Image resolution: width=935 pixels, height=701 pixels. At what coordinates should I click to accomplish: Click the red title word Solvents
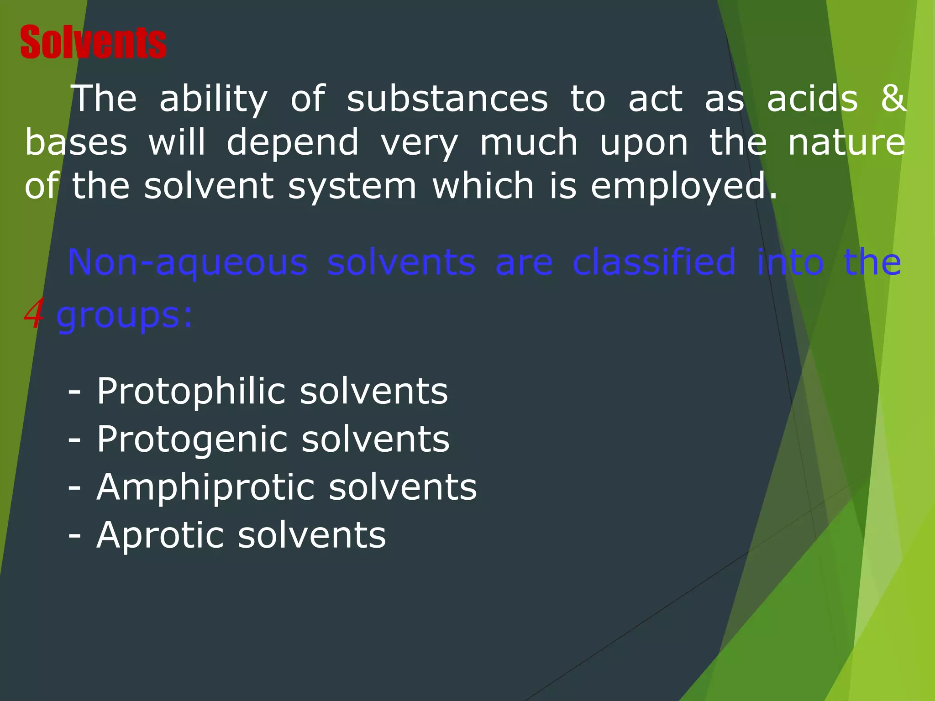(x=93, y=42)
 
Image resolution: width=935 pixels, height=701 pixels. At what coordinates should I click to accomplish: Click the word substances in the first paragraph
(x=447, y=99)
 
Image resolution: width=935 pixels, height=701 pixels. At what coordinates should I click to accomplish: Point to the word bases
(x=76, y=142)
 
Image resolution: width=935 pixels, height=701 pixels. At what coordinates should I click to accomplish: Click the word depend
(x=293, y=143)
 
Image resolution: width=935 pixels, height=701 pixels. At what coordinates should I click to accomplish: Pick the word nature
(x=847, y=142)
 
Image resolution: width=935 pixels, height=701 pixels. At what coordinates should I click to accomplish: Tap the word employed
(x=684, y=186)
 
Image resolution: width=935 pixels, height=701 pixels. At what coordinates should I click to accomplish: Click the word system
(x=352, y=186)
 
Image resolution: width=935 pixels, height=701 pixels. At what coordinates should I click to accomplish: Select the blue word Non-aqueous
(x=187, y=262)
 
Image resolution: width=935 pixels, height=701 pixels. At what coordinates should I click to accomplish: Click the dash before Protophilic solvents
(x=74, y=392)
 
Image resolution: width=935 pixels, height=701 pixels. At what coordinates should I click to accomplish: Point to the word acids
(x=812, y=99)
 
